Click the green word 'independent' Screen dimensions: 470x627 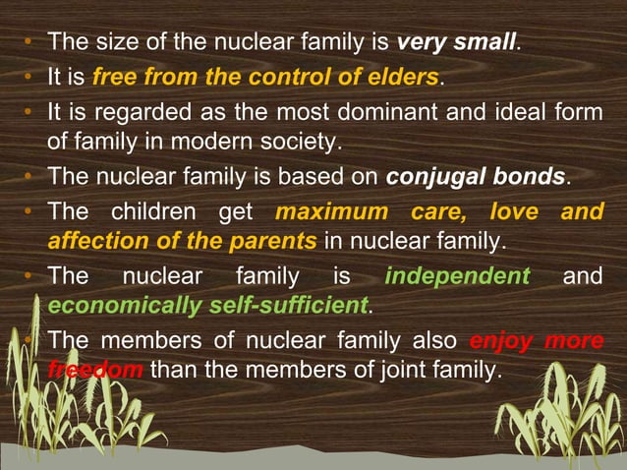457,275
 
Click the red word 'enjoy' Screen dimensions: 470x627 503,340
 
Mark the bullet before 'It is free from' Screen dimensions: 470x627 30,78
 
